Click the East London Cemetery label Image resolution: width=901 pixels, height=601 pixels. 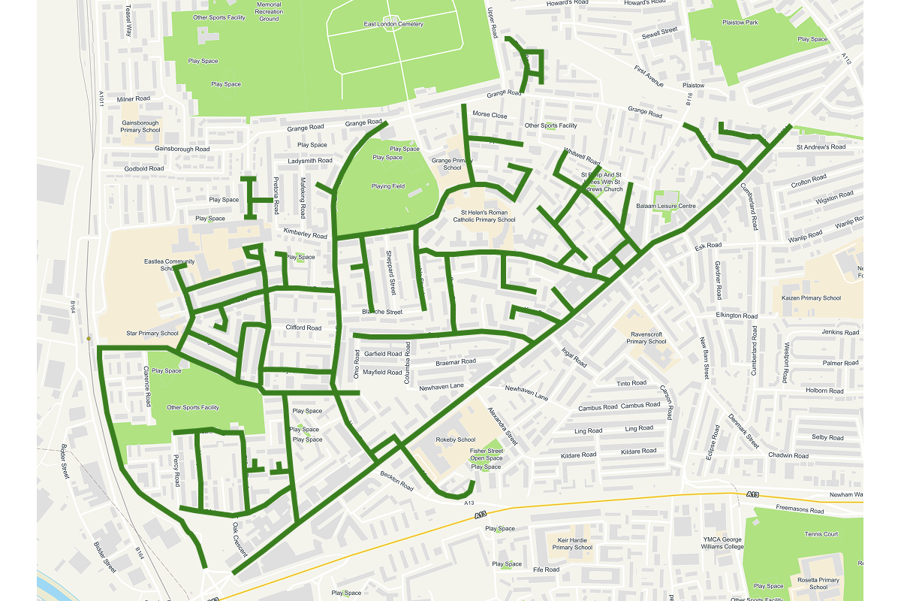pyautogui.click(x=393, y=24)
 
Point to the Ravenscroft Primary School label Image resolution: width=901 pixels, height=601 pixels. pyautogui.click(x=646, y=337)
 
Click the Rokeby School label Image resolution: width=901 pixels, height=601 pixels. pyautogui.click(x=456, y=439)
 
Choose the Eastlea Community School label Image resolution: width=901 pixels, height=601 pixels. pyautogui.click(x=169, y=264)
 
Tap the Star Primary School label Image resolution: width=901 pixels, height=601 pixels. pyautogui.click(x=152, y=333)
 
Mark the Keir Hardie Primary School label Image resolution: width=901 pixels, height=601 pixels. pyautogui.click(x=572, y=543)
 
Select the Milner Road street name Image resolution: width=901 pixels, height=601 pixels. pyautogui.click(x=134, y=98)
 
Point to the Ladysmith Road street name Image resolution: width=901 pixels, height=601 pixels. pyautogui.click(x=310, y=161)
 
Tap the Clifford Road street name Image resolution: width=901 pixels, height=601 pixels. pyautogui.click(x=303, y=328)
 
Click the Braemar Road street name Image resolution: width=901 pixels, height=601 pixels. pyautogui.click(x=456, y=362)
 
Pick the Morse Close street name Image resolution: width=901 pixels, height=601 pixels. pyautogui.click(x=490, y=115)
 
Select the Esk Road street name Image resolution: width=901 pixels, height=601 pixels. pyautogui.click(x=708, y=246)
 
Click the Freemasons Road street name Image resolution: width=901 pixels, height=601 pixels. pyautogui.click(x=800, y=511)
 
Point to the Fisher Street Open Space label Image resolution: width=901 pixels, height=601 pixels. pyautogui.click(x=486, y=455)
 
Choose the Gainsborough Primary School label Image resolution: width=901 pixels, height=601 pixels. pyautogui.click(x=140, y=126)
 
